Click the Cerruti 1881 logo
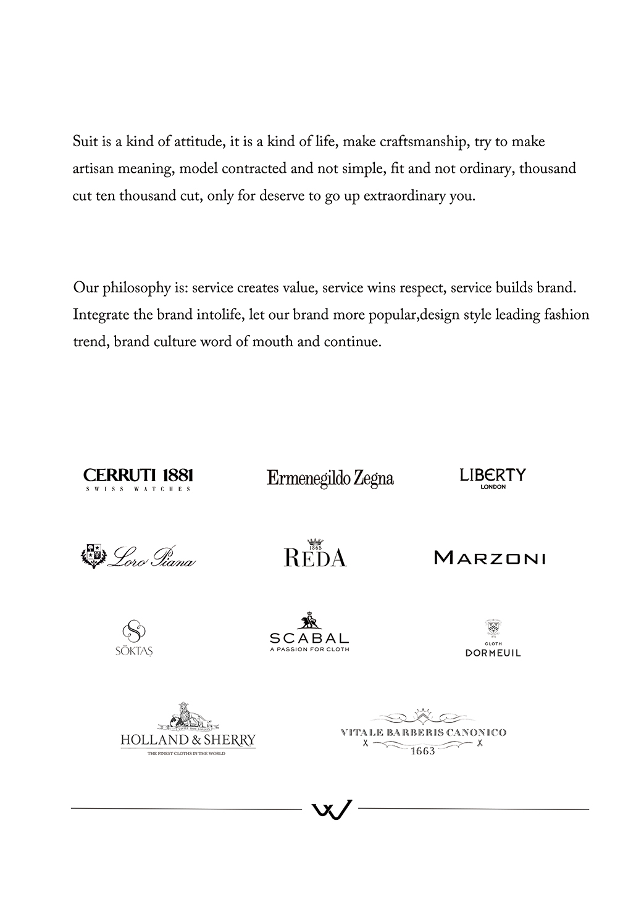click(138, 476)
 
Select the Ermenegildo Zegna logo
click(330, 478)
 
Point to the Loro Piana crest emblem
click(93, 555)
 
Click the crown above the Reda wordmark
click(316, 540)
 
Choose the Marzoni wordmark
click(490, 558)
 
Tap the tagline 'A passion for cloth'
click(309, 649)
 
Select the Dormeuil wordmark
click(493, 653)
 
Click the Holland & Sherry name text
click(188, 740)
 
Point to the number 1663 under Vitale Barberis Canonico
click(423, 751)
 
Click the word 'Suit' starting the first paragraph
click(84, 142)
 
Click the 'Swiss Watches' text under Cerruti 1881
click(138, 489)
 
